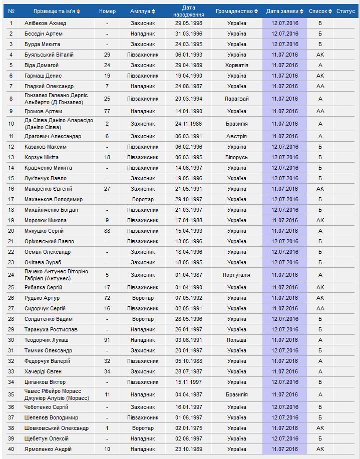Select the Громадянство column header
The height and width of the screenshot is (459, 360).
point(234,11)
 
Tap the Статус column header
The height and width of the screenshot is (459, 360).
point(345,11)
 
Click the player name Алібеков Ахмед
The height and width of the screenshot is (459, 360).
point(45,23)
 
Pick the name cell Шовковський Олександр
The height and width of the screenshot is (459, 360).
point(57,428)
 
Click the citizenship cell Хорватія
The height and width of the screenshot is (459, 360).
point(236,65)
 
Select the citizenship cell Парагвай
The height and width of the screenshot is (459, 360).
point(236,99)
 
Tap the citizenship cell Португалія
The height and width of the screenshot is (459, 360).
point(236,275)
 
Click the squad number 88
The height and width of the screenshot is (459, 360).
point(107,231)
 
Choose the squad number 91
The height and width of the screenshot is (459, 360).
point(107,340)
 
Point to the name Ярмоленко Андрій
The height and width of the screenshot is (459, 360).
point(48,449)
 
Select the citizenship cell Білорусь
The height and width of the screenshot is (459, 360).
point(236,157)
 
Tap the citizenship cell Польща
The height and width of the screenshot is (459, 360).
point(236,340)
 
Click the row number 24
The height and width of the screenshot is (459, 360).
point(11,275)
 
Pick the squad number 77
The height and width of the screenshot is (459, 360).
point(107,111)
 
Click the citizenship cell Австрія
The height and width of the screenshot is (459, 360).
point(236,136)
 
